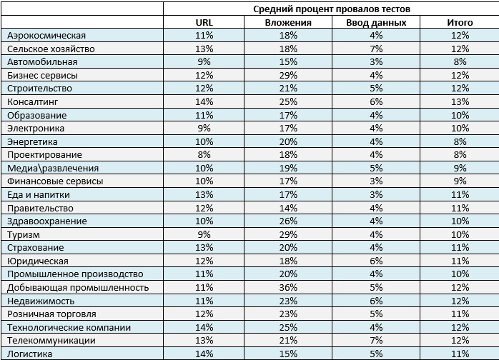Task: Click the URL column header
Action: (x=204, y=22)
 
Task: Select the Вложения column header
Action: (x=288, y=23)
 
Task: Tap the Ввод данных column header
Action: (x=376, y=23)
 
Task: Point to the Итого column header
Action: (x=460, y=23)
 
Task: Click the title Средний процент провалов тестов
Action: (x=332, y=9)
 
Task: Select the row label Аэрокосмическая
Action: (x=46, y=35)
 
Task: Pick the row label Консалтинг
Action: (x=32, y=101)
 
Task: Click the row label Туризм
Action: (x=24, y=235)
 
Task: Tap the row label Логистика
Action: (x=29, y=354)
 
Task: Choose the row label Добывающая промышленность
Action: (x=78, y=287)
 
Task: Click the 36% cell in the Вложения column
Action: (x=288, y=287)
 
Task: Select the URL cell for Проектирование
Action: (x=204, y=154)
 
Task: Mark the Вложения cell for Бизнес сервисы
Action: (x=288, y=76)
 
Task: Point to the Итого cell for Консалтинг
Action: (x=460, y=101)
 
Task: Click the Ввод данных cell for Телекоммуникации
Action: (x=376, y=340)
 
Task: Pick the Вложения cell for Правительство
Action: (x=288, y=208)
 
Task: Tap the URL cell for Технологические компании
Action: (x=204, y=327)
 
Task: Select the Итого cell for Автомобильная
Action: (x=460, y=61)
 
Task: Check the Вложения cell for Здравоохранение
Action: (x=288, y=221)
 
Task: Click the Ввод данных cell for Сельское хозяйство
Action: (x=376, y=49)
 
